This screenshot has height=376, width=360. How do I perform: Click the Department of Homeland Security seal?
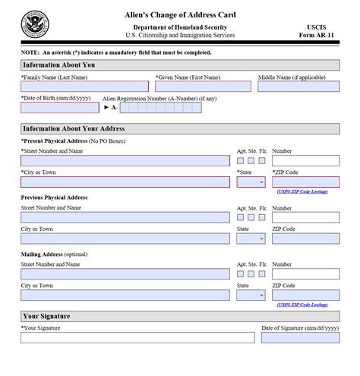click(35, 24)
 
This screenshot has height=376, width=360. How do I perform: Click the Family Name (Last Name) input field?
click(84, 87)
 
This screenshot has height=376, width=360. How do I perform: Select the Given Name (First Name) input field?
click(203, 87)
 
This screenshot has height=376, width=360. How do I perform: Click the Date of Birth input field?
click(59, 108)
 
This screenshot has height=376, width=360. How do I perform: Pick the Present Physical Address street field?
click(125, 161)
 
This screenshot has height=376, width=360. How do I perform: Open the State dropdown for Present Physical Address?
click(251, 182)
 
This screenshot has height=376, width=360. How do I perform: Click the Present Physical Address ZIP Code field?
click(305, 182)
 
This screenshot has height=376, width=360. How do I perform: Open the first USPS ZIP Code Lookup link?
click(302, 191)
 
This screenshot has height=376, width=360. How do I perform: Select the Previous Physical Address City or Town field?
click(125, 239)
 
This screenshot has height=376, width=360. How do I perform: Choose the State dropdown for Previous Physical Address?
click(251, 239)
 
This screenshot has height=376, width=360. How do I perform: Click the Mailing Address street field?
click(125, 274)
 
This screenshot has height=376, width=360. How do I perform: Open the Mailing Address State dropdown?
click(251, 295)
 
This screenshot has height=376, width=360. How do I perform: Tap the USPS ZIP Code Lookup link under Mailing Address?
click(302, 305)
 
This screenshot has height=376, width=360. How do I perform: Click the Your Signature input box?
click(137, 337)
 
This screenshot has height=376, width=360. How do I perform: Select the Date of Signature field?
click(300, 337)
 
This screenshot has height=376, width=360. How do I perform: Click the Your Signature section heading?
click(46, 316)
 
